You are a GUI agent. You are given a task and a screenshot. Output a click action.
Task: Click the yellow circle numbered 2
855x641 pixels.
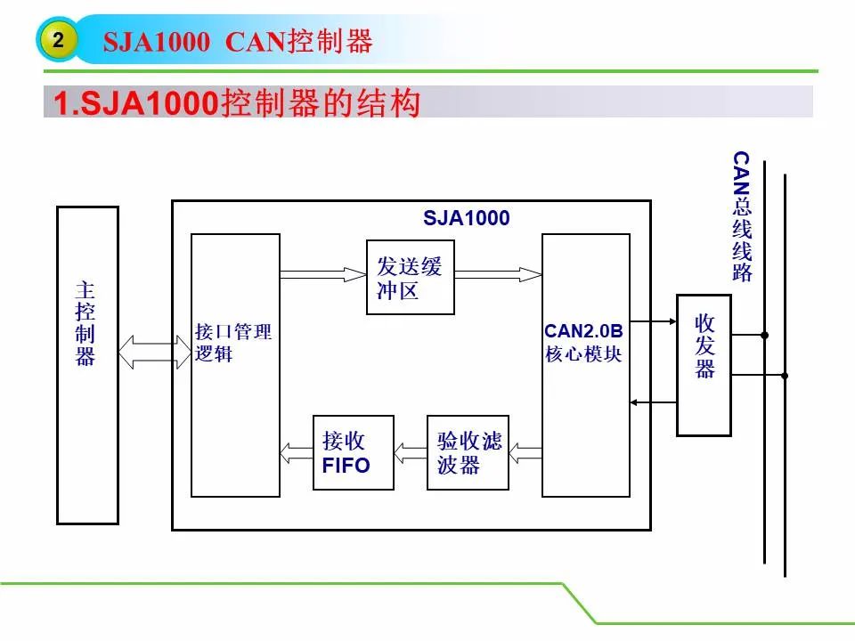58,39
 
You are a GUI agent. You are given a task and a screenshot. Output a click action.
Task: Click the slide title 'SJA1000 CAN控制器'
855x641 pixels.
238,42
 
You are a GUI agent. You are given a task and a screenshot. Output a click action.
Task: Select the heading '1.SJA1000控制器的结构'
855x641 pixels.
237,102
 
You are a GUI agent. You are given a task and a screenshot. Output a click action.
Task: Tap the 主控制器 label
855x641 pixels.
85,323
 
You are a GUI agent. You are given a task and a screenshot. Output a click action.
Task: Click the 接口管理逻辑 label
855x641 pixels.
233,342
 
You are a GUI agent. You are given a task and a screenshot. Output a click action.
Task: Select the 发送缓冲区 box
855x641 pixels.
410,278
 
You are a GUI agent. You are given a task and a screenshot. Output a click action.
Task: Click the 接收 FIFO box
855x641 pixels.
354,452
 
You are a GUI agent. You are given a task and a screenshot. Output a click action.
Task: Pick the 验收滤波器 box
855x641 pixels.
468,452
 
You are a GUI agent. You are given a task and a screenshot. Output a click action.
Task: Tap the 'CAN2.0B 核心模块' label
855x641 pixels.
583,342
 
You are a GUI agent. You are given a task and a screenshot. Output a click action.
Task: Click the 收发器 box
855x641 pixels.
704,365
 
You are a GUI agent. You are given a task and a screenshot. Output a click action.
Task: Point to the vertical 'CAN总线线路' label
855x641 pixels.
742,216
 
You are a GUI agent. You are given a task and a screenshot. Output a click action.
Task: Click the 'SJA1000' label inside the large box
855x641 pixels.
466,218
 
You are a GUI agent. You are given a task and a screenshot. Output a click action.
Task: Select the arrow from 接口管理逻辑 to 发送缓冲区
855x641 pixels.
323,274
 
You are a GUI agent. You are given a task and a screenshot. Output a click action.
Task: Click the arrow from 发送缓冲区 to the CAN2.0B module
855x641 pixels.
499,274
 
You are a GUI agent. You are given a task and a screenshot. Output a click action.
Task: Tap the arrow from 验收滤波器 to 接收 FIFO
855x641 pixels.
411,452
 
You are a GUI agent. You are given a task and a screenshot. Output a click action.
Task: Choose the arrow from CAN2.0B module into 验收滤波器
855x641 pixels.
525,452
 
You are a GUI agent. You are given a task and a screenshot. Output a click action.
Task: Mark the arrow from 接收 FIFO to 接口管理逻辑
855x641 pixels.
297,452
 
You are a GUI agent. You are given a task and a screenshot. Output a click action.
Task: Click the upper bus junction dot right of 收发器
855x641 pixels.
764,336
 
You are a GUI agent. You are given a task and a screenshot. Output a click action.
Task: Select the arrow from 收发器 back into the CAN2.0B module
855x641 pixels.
653,402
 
